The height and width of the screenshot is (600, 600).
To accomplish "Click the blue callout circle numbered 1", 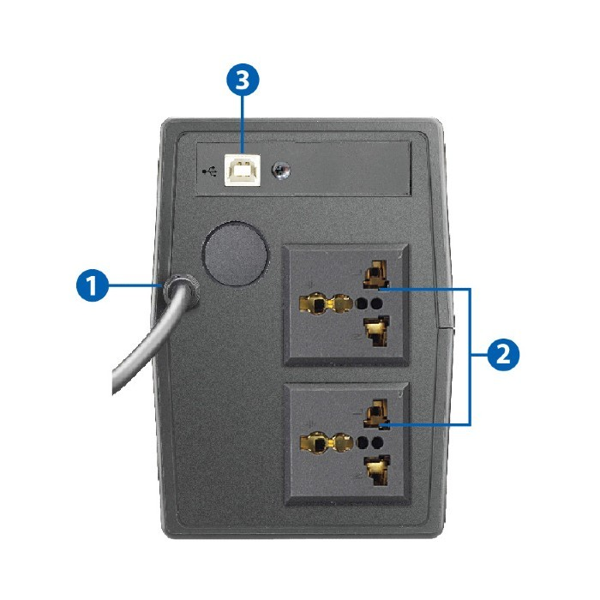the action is click(x=93, y=285).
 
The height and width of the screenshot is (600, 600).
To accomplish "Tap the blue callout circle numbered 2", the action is click(x=503, y=355).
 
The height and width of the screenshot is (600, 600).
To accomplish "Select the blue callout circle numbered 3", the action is click(x=243, y=80).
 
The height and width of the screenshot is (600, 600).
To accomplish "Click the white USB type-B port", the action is click(x=243, y=170).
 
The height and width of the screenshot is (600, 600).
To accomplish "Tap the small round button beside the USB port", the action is click(x=281, y=171).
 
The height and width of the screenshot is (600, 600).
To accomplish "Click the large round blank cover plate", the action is click(x=235, y=254).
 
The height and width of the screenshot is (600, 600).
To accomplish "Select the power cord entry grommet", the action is click(x=181, y=291).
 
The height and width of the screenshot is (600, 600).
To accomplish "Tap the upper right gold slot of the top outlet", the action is click(x=376, y=273).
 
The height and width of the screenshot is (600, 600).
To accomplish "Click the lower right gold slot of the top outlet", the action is click(x=376, y=331).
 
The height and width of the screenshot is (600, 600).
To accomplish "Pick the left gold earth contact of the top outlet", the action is click(x=326, y=304).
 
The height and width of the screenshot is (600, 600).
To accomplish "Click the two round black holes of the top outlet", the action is click(x=369, y=303).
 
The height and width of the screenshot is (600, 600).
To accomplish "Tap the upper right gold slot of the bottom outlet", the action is click(x=376, y=413).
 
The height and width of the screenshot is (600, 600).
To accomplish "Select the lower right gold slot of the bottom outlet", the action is click(x=377, y=471).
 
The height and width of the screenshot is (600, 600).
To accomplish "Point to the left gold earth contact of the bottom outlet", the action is click(x=327, y=443).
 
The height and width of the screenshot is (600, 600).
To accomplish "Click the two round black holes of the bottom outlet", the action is click(x=369, y=443).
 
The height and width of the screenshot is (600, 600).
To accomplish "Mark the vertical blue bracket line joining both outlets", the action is click(x=470, y=357).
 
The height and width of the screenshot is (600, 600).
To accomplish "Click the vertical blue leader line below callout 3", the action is click(x=243, y=125).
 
